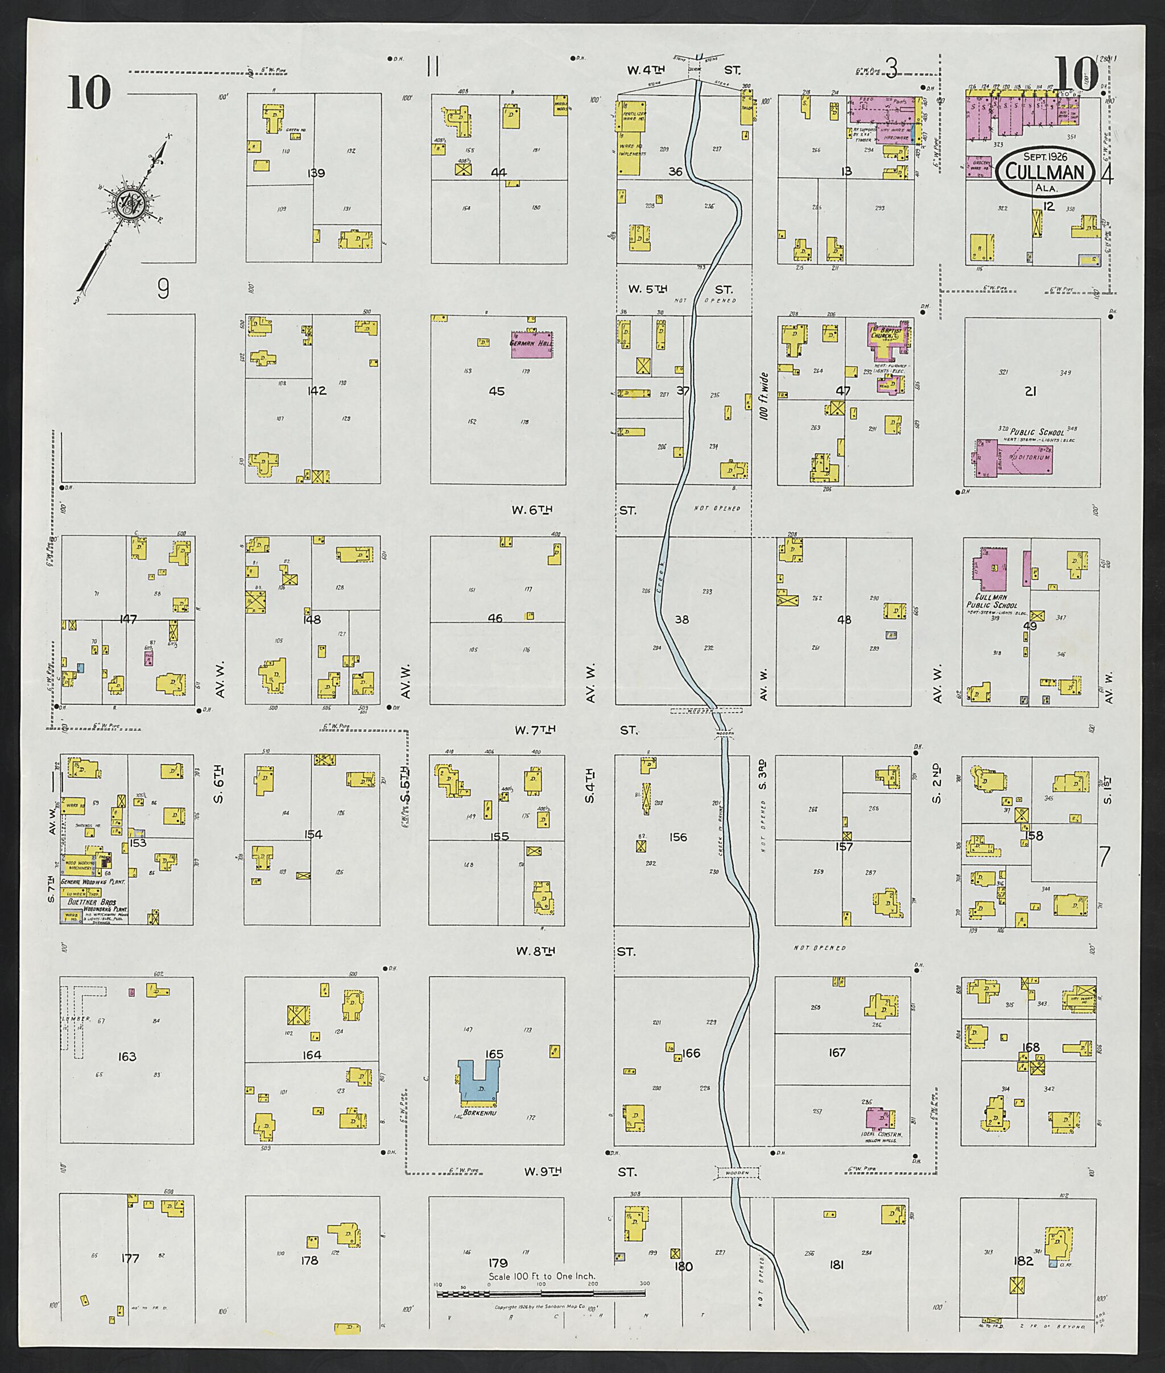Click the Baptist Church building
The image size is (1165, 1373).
pyautogui.click(x=889, y=337)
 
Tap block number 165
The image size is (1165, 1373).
pyautogui.click(x=494, y=1054)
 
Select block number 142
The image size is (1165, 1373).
pyautogui.click(x=317, y=391)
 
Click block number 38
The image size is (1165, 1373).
pyautogui.click(x=681, y=620)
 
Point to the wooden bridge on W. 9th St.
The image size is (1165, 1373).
pyautogui.click(x=738, y=1173)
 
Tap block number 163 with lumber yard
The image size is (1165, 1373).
pyautogui.click(x=127, y=1057)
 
